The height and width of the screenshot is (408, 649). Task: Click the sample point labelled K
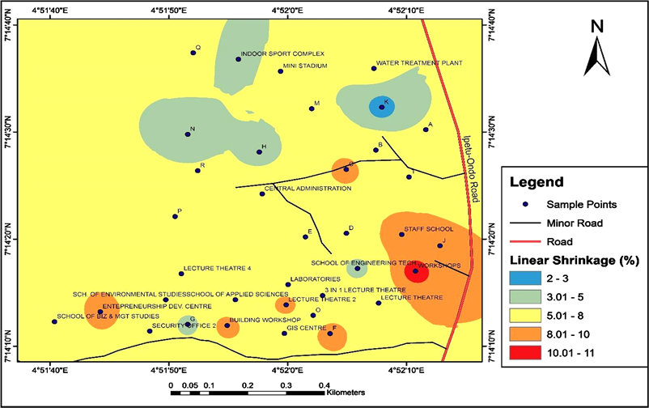pos(381,106)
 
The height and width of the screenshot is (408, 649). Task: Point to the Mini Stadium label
pos(305,66)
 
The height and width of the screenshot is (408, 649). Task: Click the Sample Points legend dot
pos(525,204)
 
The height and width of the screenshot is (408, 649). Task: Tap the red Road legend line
pos(525,241)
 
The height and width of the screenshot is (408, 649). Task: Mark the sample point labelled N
pos(187,134)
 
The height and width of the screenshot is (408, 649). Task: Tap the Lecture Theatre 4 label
pos(217,268)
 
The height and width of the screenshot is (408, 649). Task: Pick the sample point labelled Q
pos(193,53)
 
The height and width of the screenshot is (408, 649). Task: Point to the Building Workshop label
pos(260,321)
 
